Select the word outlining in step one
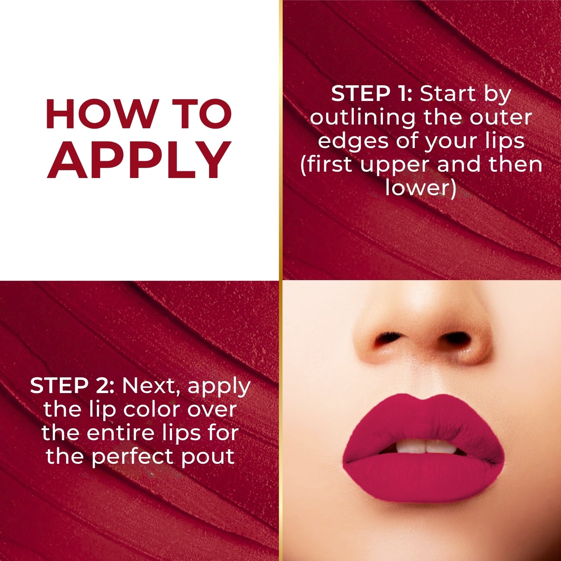362,117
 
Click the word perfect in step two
133,457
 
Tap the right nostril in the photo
454,338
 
